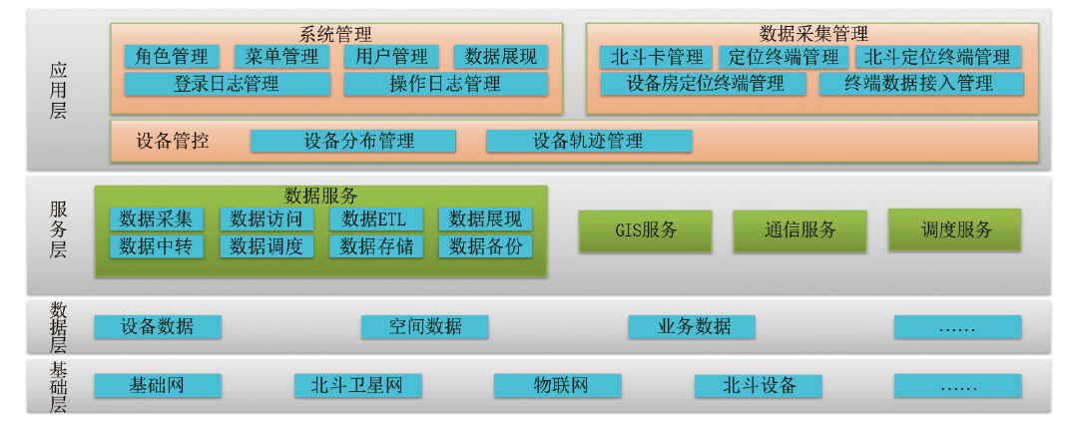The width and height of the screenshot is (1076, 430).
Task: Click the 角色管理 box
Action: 172,56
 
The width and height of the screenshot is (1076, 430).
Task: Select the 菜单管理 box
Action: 281,56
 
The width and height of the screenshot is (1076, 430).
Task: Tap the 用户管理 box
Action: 391,56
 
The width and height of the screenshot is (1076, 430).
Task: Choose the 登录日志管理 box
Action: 228,84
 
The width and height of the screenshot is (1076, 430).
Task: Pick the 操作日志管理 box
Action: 446,84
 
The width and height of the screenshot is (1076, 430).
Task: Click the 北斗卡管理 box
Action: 656,56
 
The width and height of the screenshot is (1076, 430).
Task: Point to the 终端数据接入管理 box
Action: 921,84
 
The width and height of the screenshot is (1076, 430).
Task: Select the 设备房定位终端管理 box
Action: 703,84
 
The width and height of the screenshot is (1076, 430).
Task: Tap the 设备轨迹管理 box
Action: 589,141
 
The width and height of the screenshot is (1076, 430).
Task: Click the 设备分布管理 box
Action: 352,141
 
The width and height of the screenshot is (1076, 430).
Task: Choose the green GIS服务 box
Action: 645,229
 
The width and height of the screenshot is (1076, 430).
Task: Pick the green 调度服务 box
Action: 954,229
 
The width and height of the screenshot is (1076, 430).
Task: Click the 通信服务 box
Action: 800,229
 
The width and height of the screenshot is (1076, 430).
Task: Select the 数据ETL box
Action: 376,219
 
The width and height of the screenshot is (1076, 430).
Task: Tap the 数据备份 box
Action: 485,246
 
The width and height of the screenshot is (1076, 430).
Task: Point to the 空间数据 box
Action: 425,326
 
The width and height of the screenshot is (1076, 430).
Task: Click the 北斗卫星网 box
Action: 357,385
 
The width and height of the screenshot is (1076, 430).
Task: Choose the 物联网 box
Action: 557,385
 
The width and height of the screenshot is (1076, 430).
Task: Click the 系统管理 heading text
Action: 335,34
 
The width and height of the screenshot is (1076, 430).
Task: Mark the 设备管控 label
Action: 173,142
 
